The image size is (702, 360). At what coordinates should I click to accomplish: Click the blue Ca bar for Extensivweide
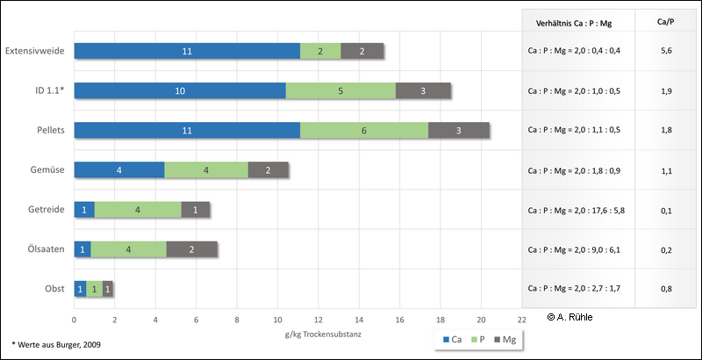pos(187,51)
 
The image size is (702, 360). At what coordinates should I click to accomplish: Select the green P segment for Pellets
pos(364,130)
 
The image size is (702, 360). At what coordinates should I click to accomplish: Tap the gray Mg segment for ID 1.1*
pos(423,90)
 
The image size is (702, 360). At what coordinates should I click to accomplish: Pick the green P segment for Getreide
pos(138,209)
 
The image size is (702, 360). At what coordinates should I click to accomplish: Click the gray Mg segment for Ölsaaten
pos(191,248)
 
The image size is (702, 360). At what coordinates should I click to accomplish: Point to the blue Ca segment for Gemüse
pos(119,169)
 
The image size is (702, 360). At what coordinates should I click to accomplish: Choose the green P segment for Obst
pos(94,288)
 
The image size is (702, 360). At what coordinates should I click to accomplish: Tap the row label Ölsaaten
pos(45,248)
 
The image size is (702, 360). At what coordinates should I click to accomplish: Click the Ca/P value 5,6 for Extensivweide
pos(667,51)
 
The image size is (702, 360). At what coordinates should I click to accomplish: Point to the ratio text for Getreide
pos(576,209)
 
